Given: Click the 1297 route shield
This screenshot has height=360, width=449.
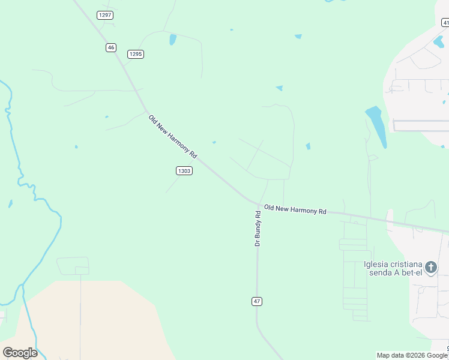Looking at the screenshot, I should pyautogui.click(x=105, y=15).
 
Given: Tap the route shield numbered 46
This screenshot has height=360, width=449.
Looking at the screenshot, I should pyautogui.click(x=110, y=47).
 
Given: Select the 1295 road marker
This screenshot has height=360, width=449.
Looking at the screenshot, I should pyautogui.click(x=136, y=54).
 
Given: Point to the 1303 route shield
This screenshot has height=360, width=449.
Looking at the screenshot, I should pyautogui.click(x=184, y=171).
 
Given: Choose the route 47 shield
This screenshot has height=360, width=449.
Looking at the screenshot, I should pyautogui.click(x=257, y=301).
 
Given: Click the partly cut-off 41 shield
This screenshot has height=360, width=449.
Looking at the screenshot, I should pyautogui.click(x=445, y=23).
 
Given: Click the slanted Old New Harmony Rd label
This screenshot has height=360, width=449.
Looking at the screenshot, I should pyautogui.click(x=172, y=136).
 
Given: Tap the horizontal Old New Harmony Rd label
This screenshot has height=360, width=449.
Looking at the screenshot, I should pyautogui.click(x=295, y=209).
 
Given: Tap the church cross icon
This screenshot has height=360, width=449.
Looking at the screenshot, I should pyautogui.click(x=430, y=267).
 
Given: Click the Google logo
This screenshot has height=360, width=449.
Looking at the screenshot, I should pyautogui.click(x=20, y=353).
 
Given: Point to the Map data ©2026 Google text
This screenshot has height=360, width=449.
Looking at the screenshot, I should pyautogui.click(x=412, y=355).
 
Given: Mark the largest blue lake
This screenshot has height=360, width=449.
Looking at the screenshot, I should pyautogui.click(x=376, y=125).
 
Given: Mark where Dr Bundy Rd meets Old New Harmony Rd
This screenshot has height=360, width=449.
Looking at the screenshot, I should pyautogui.click(x=259, y=205).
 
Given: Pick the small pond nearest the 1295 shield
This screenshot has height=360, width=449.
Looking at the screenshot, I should pyautogui.click(x=173, y=40).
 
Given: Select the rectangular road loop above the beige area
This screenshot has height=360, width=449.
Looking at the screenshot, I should pyautogui.click(x=73, y=266).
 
